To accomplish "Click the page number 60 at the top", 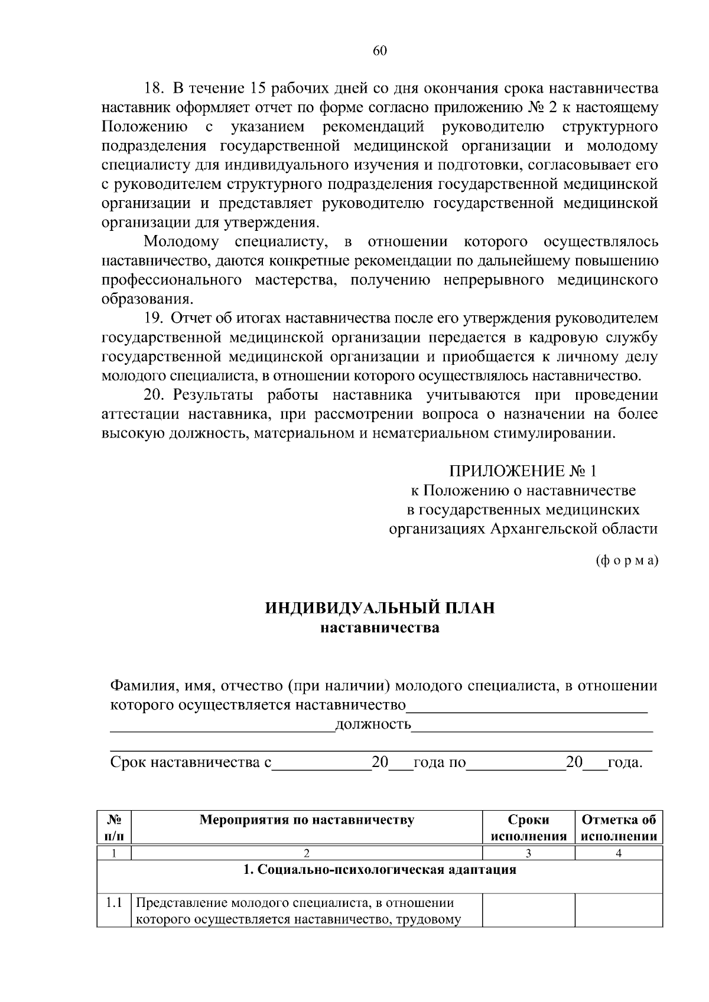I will (x=380, y=51).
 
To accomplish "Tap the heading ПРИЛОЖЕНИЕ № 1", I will (x=523, y=471).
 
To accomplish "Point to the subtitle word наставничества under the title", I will (x=380, y=628).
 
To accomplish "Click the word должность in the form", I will (x=373, y=725).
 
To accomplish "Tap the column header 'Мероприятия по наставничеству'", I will (x=307, y=820).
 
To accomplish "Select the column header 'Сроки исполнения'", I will (x=528, y=828).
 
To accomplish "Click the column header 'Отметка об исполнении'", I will (x=619, y=828).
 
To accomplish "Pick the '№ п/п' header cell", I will (x=114, y=828).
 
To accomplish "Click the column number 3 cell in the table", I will (x=528, y=853).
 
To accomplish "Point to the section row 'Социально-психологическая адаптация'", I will (x=380, y=870).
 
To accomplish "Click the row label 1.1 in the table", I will (x=114, y=903).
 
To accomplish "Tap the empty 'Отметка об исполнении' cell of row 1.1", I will (x=619, y=910).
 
